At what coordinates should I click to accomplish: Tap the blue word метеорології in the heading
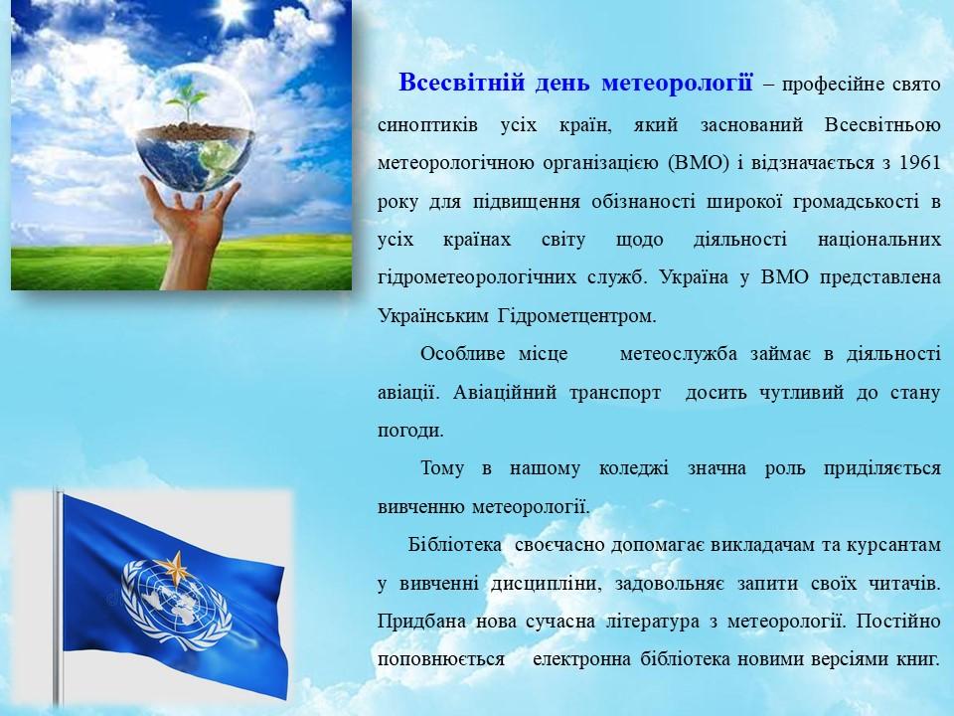pos(677,84)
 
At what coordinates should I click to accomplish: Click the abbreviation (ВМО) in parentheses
pos(698,163)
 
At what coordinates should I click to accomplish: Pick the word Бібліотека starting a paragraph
pos(455,544)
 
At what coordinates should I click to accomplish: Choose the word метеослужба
pos(679,354)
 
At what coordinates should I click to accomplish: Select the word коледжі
pos(633,468)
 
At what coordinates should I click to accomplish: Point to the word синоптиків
pos(427,125)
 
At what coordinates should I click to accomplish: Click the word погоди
pos(410,431)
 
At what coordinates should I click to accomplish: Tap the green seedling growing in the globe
pos(186,101)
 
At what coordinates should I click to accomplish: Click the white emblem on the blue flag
pos(176,602)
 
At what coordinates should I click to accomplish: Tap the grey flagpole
pos(58,598)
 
